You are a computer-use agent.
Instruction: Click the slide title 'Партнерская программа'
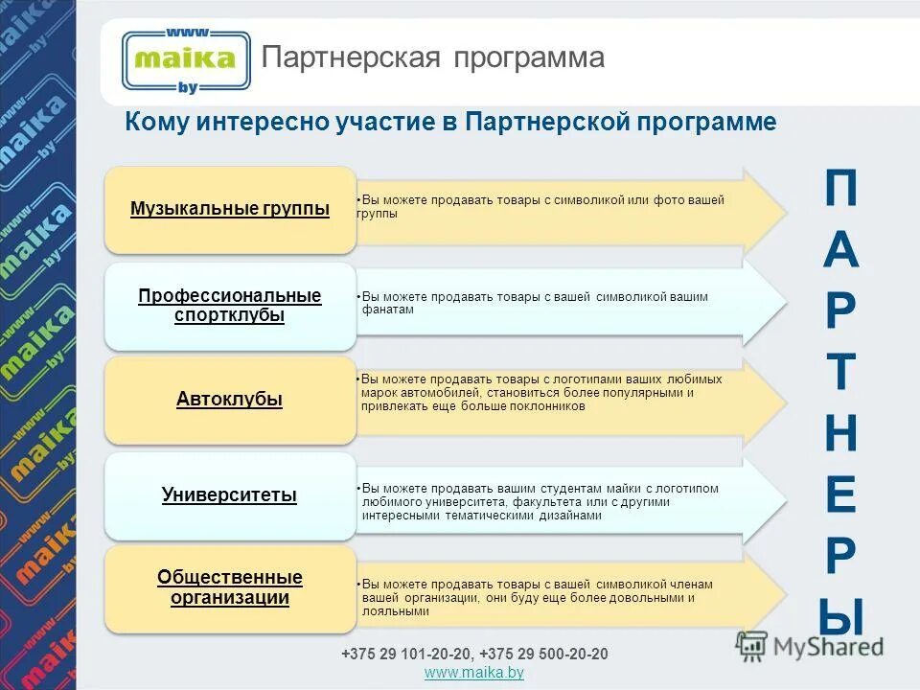coord(433,57)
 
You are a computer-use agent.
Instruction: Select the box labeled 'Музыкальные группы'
coord(230,210)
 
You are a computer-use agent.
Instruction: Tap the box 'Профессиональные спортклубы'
coord(230,305)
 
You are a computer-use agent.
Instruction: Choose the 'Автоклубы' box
coord(230,400)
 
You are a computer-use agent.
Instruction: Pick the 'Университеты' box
coord(230,495)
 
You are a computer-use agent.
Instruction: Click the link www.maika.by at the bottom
coord(473,674)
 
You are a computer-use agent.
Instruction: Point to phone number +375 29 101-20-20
coord(406,654)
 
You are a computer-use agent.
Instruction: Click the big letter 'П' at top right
coord(840,192)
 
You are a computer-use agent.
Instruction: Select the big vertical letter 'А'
coord(840,251)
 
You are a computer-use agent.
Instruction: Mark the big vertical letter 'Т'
coord(840,374)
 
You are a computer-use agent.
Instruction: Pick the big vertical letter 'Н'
coord(840,434)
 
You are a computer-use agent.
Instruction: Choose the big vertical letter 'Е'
coord(840,495)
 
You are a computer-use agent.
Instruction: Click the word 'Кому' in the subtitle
coord(158,123)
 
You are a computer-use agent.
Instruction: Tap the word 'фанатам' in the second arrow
coord(388,310)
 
